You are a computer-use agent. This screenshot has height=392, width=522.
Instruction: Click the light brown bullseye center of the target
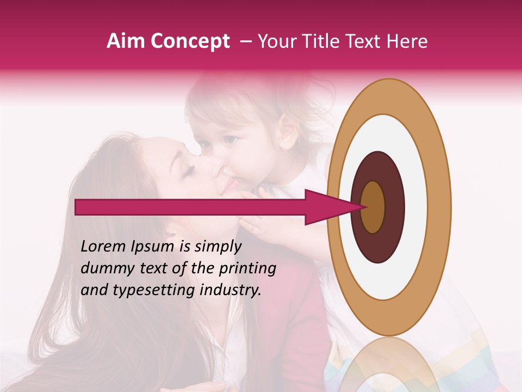pos(373,207)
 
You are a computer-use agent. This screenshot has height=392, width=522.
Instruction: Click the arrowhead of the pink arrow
pos(326,207)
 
